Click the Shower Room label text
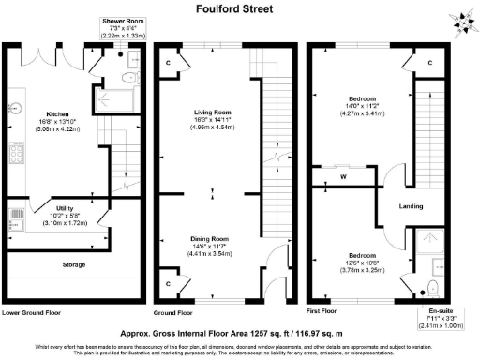(x=124, y=20)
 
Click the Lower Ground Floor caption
(x=33, y=312)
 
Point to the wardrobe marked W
(x=343, y=175)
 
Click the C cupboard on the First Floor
(x=430, y=63)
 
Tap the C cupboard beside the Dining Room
(x=167, y=281)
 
